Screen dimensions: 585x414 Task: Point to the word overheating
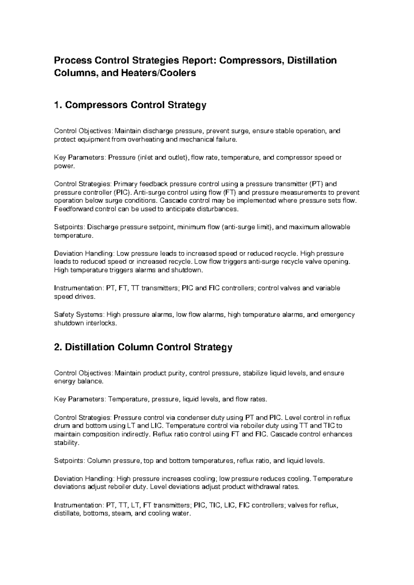(x=146, y=140)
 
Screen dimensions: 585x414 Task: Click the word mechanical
(x=194, y=140)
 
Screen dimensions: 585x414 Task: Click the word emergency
(x=337, y=315)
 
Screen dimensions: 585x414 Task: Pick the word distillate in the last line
(x=68, y=514)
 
